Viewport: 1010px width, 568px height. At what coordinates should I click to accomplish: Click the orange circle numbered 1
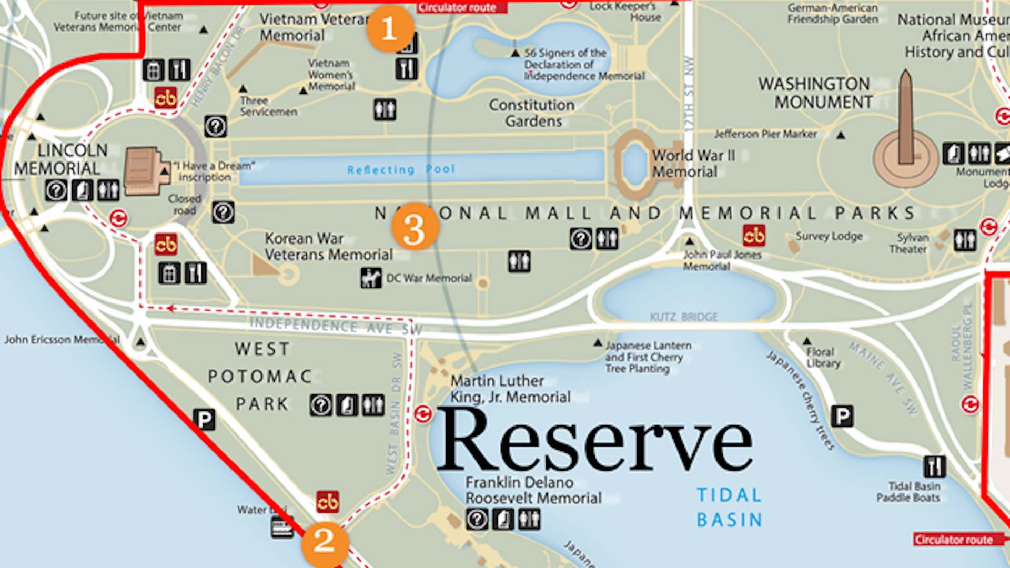[x=390, y=28]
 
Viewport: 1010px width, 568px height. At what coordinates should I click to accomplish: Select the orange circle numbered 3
[x=415, y=227]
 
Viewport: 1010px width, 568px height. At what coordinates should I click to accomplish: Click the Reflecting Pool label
[x=401, y=169]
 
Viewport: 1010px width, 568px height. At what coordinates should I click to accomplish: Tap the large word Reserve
[x=594, y=441]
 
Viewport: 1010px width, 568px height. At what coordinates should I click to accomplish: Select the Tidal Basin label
[x=729, y=507]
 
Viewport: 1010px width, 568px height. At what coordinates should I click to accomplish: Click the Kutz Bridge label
[x=684, y=317]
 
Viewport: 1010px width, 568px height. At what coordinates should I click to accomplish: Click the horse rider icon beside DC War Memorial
[x=371, y=278]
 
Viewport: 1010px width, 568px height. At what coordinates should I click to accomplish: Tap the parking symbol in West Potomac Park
[x=204, y=420]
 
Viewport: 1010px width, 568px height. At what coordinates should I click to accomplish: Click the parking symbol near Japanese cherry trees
[x=842, y=416]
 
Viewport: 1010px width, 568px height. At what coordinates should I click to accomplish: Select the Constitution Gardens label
[x=532, y=113]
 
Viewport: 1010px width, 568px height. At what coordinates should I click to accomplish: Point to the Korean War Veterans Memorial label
[x=328, y=247]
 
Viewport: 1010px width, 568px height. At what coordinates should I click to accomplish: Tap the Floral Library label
[x=823, y=357]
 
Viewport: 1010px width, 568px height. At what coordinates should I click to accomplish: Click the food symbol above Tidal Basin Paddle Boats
[x=934, y=466]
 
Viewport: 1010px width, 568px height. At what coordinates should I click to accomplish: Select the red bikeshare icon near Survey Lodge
[x=754, y=236]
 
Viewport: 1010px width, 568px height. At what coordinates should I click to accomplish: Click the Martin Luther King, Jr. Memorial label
[x=510, y=389]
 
